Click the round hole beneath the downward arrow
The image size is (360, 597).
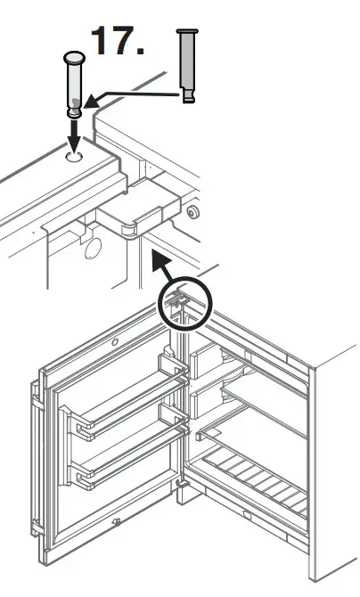[x=74, y=157]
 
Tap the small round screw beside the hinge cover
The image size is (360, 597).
[x=191, y=212]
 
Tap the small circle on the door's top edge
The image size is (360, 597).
[x=114, y=342]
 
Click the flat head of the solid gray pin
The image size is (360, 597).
[x=186, y=33]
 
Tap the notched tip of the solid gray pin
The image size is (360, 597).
[x=188, y=96]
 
